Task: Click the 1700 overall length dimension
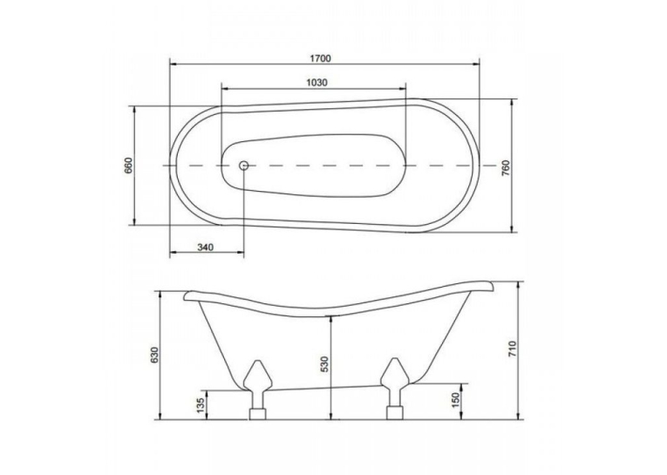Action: (x=320, y=58)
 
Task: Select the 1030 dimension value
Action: (x=316, y=83)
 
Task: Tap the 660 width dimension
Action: (x=129, y=166)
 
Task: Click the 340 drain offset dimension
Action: (x=205, y=247)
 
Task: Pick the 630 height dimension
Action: (x=154, y=355)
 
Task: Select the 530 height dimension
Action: (x=325, y=364)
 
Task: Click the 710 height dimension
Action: (x=512, y=349)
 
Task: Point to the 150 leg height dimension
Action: (x=456, y=400)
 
